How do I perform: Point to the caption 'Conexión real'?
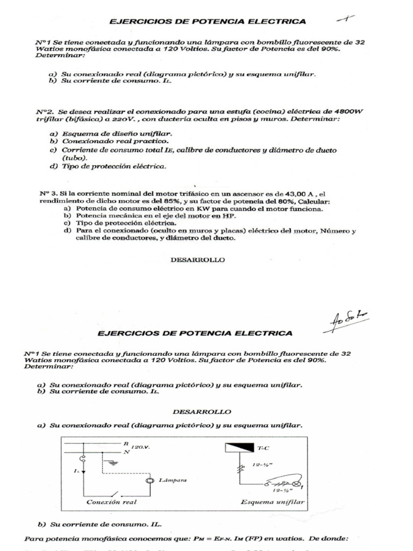(111, 502)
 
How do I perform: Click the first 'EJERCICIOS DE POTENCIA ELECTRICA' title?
(208, 22)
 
